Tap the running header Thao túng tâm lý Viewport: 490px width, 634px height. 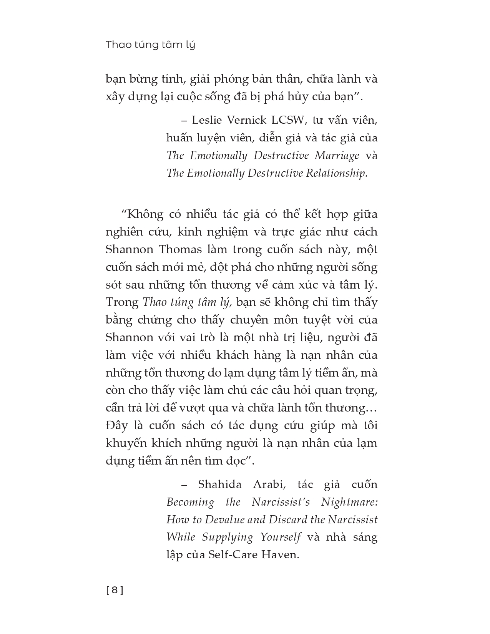point(150,45)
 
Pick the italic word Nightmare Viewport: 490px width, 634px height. point(349,502)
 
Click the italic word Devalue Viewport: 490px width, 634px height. point(223,520)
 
